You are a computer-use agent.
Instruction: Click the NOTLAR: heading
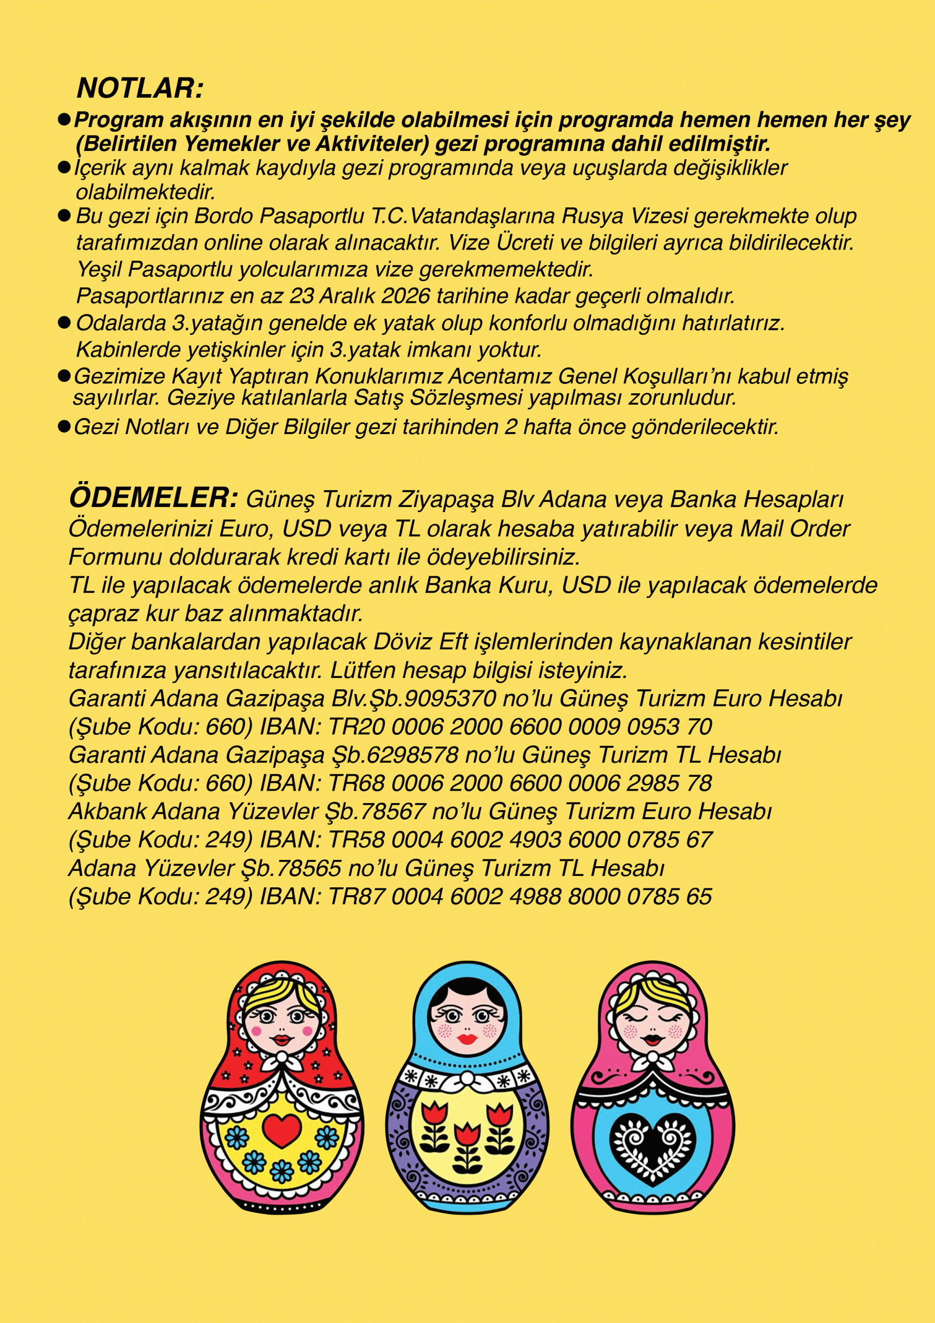[140, 88]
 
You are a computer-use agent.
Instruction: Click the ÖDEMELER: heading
[153, 498]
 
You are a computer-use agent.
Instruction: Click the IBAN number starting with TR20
[520, 727]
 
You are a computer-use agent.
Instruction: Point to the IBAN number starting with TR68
[520, 783]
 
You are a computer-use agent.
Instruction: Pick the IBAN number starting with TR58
[520, 840]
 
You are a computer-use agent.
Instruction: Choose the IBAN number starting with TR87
[520, 896]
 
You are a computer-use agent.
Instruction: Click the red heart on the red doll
[281, 1130]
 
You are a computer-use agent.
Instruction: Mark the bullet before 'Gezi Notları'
[64, 427]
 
